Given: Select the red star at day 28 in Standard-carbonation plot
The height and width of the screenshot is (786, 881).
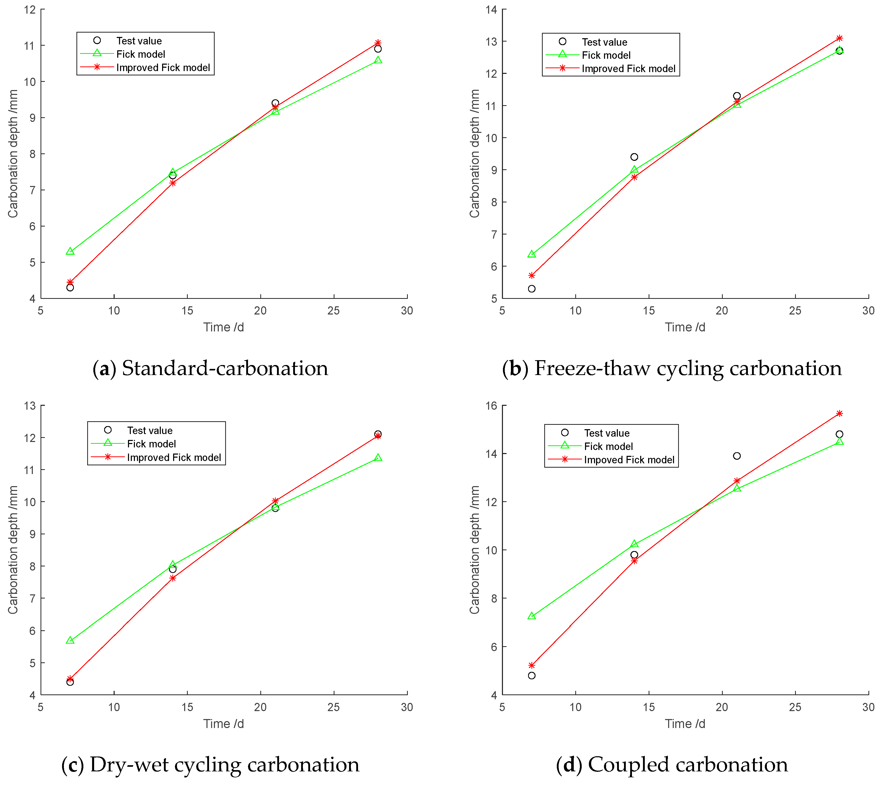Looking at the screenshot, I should [378, 43].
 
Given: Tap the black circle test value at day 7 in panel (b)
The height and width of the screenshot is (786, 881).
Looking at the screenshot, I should [532, 289].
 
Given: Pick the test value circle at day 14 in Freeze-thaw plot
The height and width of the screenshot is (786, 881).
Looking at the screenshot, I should [634, 157].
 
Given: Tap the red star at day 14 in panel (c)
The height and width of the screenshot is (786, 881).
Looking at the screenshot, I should [173, 578].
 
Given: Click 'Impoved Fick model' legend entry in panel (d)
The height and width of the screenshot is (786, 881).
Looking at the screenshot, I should [629, 460].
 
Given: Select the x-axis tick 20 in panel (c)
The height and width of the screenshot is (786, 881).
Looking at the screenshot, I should [260, 707].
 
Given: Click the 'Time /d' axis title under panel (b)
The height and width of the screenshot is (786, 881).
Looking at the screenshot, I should [685, 327].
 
